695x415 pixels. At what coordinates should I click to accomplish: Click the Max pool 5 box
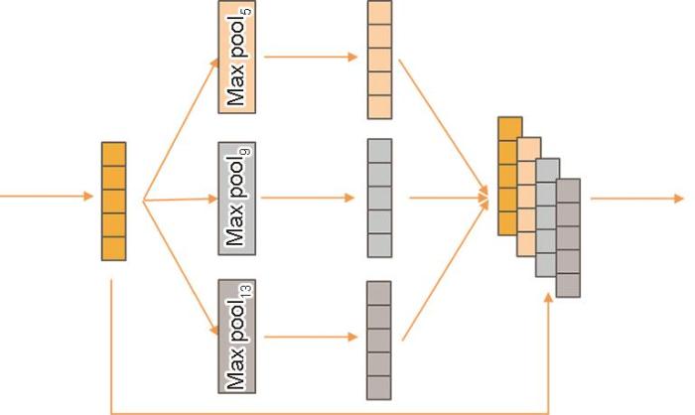point(236,57)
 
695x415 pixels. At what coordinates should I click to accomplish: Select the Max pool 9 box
point(236,199)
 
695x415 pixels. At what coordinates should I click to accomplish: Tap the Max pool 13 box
point(236,337)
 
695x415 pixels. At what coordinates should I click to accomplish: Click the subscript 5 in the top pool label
point(247,11)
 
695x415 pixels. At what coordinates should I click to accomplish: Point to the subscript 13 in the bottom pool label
point(246,291)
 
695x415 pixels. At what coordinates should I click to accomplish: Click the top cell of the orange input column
point(114,154)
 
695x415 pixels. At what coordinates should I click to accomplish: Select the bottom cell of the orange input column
point(114,249)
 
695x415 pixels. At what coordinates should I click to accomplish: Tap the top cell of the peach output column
point(380,13)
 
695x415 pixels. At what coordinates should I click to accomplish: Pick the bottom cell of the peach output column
point(380,107)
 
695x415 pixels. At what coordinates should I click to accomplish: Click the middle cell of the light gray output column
point(380,199)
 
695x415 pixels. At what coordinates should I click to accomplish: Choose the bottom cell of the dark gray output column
point(379,387)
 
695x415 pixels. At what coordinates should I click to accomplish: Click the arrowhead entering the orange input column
point(88,196)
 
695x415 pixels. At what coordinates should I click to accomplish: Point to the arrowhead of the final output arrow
point(679,199)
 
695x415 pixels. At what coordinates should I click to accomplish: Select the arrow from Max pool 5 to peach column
point(311,57)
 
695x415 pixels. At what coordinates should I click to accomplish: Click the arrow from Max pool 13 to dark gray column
point(311,337)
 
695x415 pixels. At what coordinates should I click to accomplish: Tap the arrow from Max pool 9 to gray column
point(308,198)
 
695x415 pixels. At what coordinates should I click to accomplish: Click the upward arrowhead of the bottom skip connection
point(549,298)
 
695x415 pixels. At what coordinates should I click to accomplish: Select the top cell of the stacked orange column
point(509,129)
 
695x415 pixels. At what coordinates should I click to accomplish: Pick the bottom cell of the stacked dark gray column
point(568,285)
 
